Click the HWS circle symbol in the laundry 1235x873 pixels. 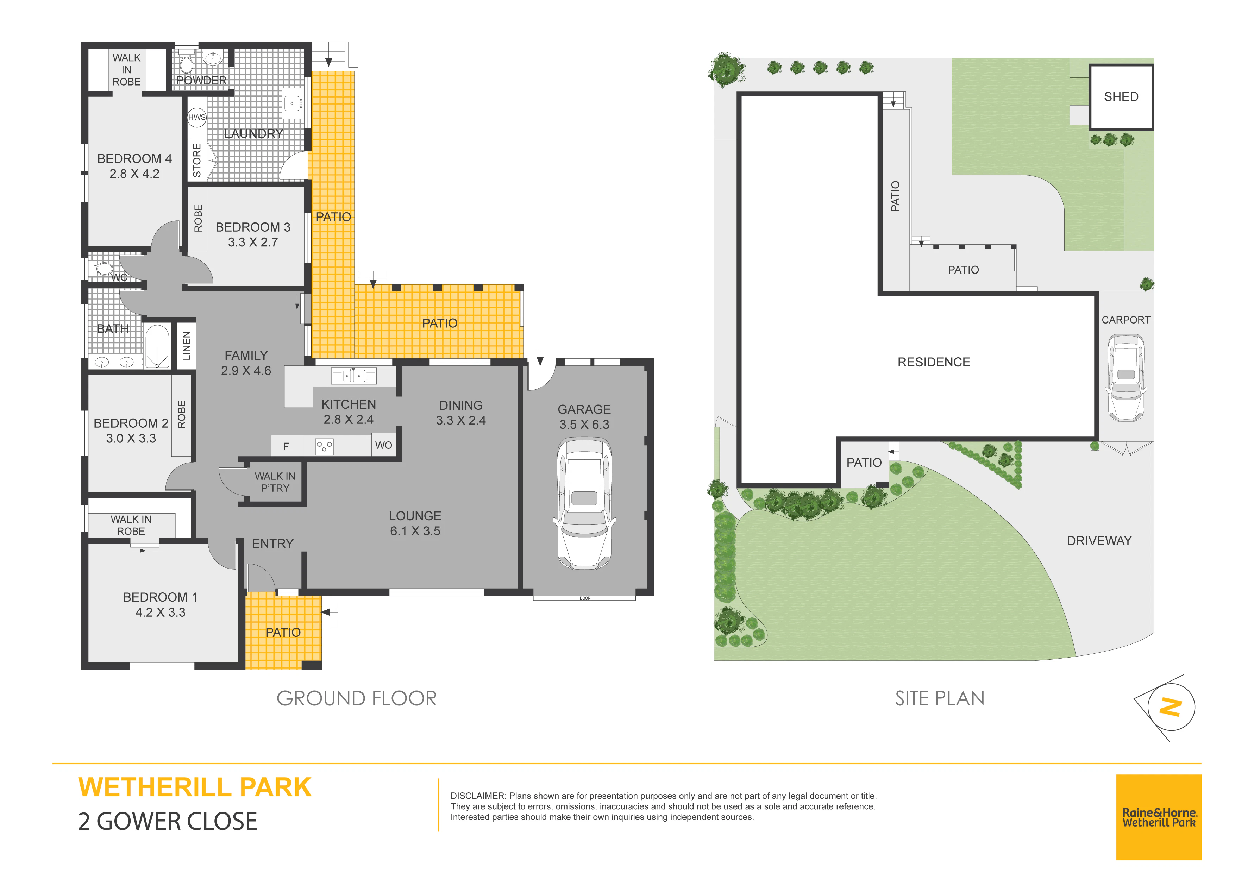(197, 117)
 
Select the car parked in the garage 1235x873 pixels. (585, 503)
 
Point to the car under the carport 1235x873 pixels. (1126, 378)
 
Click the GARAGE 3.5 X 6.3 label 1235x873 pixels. (584, 417)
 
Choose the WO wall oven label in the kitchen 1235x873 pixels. (383, 445)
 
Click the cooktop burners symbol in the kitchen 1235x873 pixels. (324, 446)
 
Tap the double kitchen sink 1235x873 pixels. (353, 376)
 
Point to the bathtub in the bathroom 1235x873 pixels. (157, 346)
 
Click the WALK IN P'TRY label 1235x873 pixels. (275, 482)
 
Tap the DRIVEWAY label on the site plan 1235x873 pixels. (1099, 541)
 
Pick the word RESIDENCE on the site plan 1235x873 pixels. (934, 362)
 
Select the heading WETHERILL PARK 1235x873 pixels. (195, 787)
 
